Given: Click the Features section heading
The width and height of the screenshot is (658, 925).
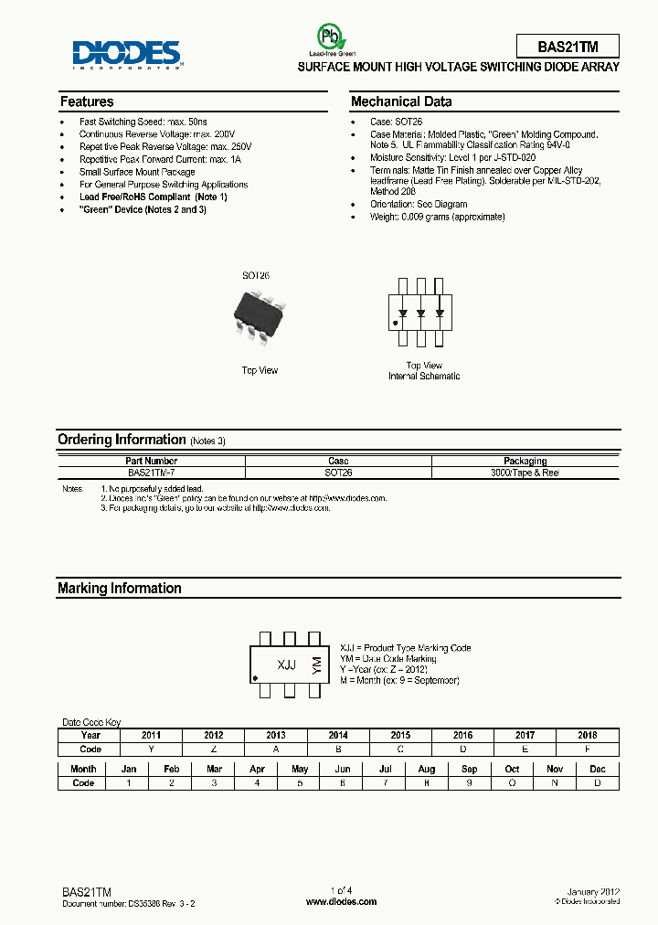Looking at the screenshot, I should point(87,101).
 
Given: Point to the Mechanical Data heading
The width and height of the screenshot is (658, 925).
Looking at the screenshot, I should point(400,101).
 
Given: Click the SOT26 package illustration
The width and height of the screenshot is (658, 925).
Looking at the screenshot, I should point(260,314).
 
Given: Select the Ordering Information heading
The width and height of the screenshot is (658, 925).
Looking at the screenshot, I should point(122,440).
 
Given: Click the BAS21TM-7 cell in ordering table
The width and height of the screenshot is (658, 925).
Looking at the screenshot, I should point(152,473).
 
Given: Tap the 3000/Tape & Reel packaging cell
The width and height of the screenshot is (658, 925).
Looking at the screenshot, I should point(525,473).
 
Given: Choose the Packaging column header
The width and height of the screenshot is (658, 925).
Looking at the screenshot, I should point(525,461).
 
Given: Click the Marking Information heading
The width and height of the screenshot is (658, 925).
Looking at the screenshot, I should point(120,589).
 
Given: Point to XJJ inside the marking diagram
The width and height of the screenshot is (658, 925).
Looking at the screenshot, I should point(286,665).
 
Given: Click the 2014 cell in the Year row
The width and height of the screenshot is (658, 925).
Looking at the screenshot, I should point(338,735).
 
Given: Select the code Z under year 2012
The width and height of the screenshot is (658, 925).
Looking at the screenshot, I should point(213,748).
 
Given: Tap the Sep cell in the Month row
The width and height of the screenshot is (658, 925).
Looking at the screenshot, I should point(469,770).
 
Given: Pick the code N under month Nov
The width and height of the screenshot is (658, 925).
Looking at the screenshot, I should point(555,782).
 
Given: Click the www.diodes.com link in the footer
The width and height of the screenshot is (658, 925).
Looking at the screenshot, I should point(341,901).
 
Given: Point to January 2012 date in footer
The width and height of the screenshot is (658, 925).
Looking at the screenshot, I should point(593,890).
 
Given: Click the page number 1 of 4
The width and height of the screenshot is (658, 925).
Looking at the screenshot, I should point(341,890).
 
